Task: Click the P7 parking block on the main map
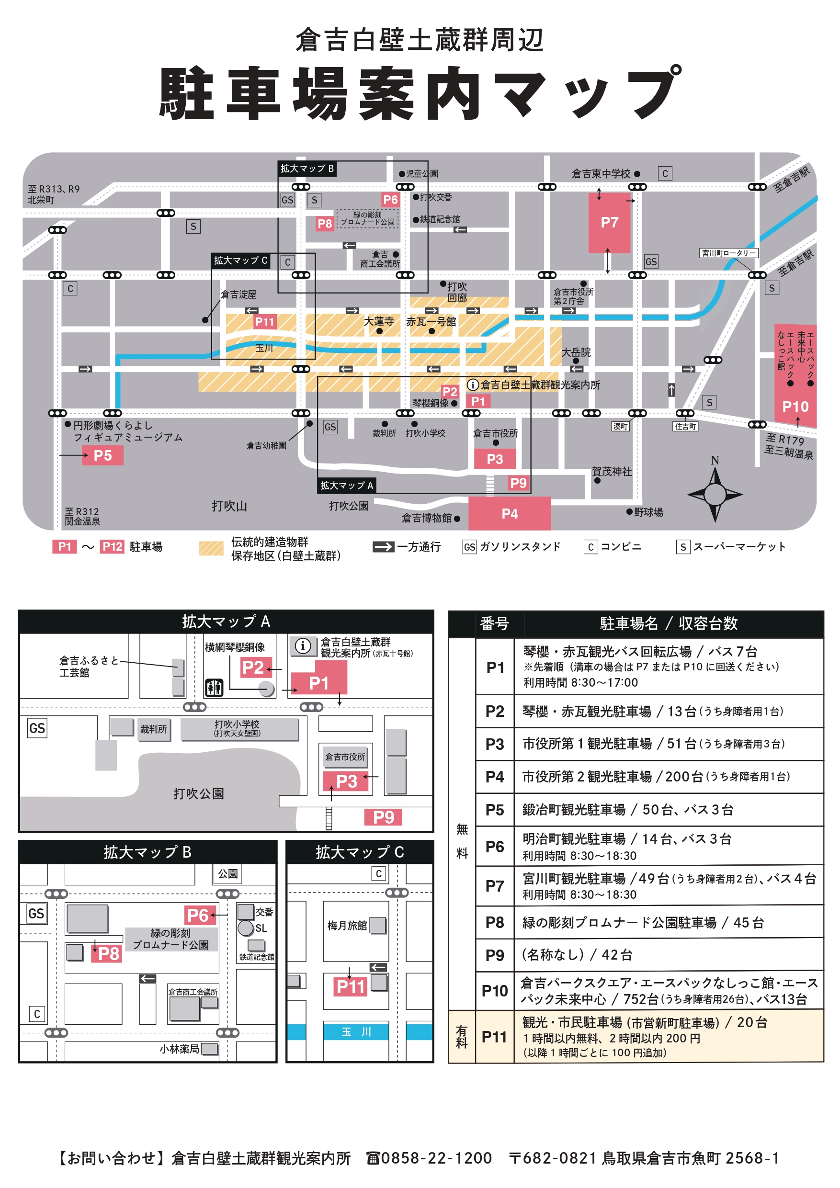pos(609,223)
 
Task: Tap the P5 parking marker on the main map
pos(102,455)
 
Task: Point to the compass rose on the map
pos(715,494)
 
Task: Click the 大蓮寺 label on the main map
pos(378,321)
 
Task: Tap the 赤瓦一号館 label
pos(431,321)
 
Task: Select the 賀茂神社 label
pos(612,471)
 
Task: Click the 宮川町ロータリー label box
pos(728,253)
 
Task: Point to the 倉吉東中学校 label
pos(601,174)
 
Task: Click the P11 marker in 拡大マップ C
pos(351,987)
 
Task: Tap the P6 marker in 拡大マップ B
pos(197,915)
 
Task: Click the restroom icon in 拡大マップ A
pos(214,688)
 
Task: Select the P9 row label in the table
pos(494,955)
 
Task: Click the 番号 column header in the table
pos(494,623)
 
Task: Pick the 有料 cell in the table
pos(461,1037)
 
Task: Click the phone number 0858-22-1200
pos(436,1158)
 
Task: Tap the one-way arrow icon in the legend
pos(384,546)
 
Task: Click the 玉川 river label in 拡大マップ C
pos(356,1032)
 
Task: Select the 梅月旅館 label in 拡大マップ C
pos(347,925)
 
